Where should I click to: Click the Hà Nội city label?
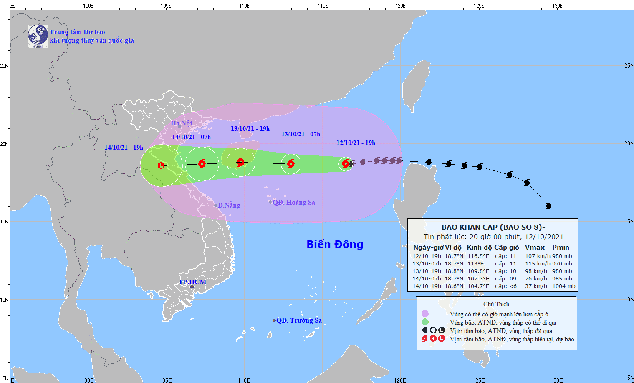[x=182, y=123]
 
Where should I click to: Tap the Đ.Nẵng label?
[x=229, y=205]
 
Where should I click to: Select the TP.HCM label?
[x=192, y=282]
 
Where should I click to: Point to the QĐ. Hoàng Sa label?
[x=294, y=203]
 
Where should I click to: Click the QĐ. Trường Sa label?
[x=299, y=320]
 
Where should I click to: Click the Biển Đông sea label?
[x=335, y=244]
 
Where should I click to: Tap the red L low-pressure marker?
[x=161, y=165]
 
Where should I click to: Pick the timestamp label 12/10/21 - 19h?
[x=356, y=143]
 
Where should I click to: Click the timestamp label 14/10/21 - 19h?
[x=124, y=148]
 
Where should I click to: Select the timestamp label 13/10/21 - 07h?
[x=301, y=134]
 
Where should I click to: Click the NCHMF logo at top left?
[x=38, y=36]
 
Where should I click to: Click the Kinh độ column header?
[x=479, y=248]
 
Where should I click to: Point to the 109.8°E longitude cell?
[x=478, y=271]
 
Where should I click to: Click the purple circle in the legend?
[x=425, y=314]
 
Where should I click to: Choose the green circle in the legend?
[x=425, y=322]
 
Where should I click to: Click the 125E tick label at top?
[x=479, y=6]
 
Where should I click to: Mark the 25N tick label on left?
[x=4, y=66]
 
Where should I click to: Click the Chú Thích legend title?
[x=496, y=304]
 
